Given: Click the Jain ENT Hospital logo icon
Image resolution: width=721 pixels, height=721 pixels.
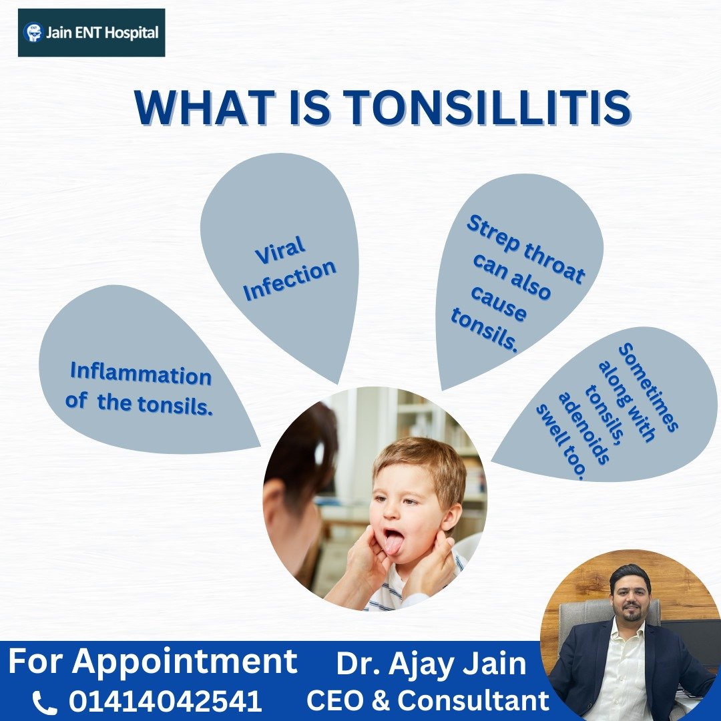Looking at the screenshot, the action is pyautogui.click(x=32, y=32).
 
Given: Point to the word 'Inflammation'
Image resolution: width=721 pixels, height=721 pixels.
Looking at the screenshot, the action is pyautogui.click(x=141, y=373).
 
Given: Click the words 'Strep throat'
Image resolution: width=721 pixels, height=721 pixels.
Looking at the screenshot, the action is pyautogui.click(x=526, y=249).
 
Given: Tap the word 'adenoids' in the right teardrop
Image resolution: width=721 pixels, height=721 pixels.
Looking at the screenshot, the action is pyautogui.click(x=584, y=428).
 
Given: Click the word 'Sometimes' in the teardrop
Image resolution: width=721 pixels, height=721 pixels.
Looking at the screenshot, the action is pyautogui.click(x=648, y=387).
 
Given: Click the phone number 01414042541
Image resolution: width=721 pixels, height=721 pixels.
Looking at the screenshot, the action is pyautogui.click(x=165, y=701).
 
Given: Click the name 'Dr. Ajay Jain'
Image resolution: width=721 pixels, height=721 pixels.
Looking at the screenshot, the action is pyautogui.click(x=431, y=664).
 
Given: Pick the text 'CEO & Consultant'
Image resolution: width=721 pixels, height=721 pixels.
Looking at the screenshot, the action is pyautogui.click(x=428, y=701).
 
